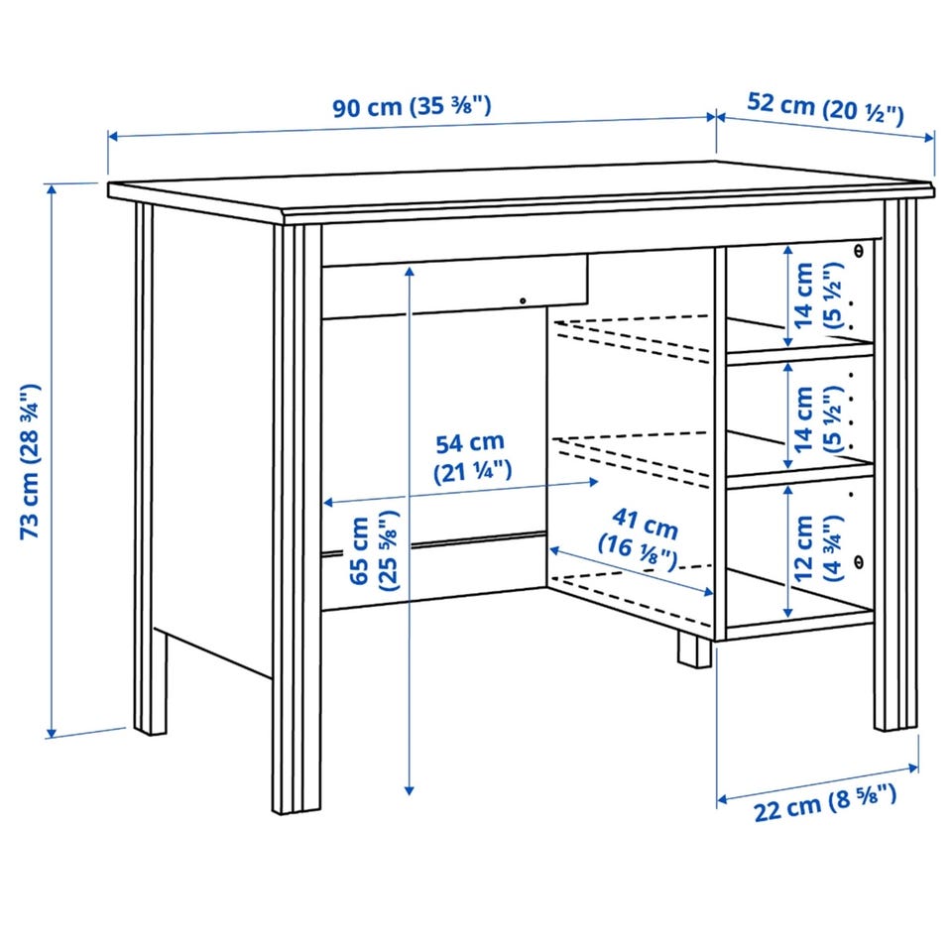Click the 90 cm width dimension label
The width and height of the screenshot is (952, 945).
pos(412,107)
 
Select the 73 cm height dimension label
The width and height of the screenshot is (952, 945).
pos(30,461)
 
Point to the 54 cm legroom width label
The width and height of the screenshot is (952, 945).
pos(472,457)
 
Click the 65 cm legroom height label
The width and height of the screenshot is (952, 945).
pos(374,550)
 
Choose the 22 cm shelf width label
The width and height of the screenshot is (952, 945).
pos(824,803)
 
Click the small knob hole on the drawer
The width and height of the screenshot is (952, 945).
pos(523,300)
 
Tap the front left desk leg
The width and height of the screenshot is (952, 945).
pos(297,519)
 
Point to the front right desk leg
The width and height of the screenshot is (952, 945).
pos(896,464)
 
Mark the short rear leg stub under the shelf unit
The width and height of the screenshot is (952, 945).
pos(694,650)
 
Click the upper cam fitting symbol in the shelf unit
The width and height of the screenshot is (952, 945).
pos(859,250)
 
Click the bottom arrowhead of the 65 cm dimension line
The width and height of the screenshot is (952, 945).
pos(410,790)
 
